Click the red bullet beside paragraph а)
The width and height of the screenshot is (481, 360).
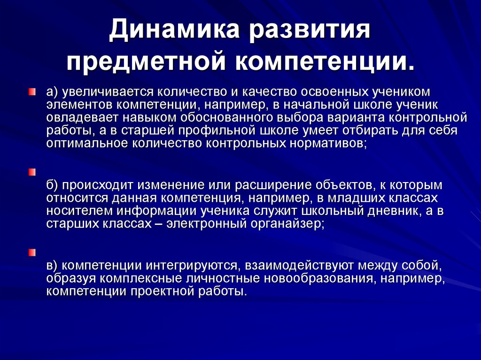pos(31,92)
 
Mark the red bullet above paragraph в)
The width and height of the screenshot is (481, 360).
pos(31,253)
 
